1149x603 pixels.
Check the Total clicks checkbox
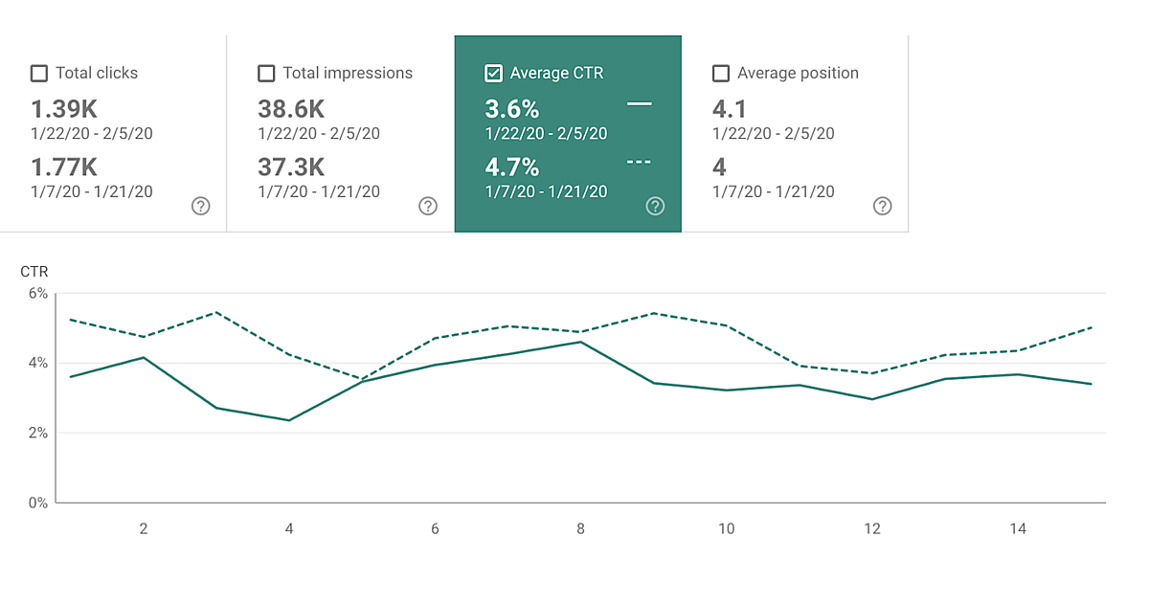click(x=39, y=74)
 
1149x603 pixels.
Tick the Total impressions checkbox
click(x=266, y=74)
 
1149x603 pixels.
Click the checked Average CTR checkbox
click(x=494, y=74)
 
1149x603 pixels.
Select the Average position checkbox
click(x=721, y=74)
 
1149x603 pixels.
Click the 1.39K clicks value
click(x=64, y=109)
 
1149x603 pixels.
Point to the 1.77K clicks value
click(x=64, y=167)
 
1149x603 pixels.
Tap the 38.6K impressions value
click(x=291, y=109)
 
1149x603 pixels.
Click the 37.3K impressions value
click(x=291, y=167)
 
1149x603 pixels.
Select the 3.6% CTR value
click(x=512, y=109)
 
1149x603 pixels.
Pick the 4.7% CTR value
click(x=512, y=167)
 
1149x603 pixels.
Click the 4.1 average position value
click(x=730, y=109)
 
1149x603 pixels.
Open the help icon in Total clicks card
click(x=200, y=206)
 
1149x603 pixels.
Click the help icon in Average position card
click(x=883, y=206)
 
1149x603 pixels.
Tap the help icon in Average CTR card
click(x=655, y=206)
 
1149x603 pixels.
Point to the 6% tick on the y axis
click(x=37, y=294)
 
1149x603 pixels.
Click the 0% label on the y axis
click(x=37, y=502)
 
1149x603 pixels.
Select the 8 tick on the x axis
click(x=581, y=528)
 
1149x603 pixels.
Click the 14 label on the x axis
click(x=1018, y=528)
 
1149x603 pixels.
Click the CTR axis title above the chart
click(x=34, y=273)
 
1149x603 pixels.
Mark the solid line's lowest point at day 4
click(x=289, y=420)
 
